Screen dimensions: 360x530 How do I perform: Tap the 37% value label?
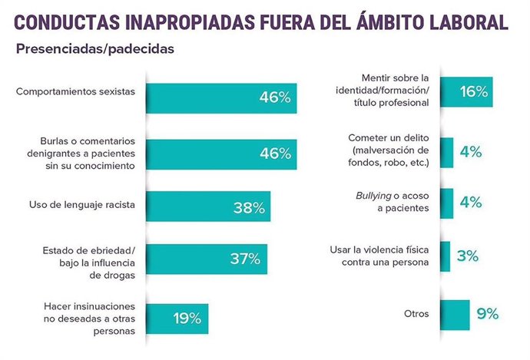(247, 259)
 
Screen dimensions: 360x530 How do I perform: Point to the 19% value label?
(185, 317)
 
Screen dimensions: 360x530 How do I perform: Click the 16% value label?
(474, 91)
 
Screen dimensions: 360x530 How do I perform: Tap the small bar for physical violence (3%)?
(445, 256)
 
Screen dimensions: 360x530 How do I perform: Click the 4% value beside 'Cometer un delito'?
(469, 151)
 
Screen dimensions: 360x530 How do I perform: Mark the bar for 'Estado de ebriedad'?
(206, 259)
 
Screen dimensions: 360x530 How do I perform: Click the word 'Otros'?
(415, 314)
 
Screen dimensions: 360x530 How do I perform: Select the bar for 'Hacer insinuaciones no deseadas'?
(176, 317)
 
